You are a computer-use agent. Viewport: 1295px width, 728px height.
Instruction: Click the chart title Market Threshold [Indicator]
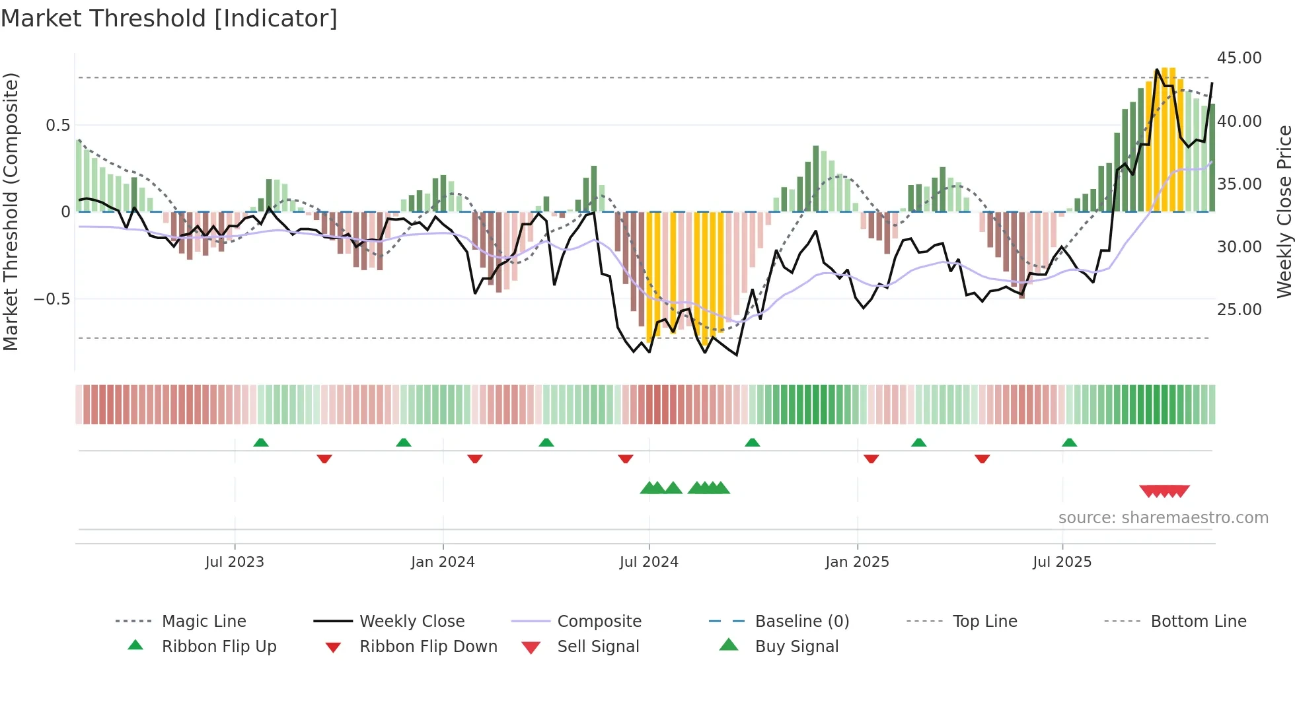169,18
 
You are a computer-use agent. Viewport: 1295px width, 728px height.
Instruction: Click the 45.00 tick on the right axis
1239,58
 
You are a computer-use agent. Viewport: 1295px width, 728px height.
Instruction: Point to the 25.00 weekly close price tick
1239,309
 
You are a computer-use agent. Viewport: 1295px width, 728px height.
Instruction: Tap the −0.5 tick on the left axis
52,299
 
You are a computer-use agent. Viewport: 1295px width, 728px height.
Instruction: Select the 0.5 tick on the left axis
57,126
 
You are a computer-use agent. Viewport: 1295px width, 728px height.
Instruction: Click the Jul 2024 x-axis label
648,562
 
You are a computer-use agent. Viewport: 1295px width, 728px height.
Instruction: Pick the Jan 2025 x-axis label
857,562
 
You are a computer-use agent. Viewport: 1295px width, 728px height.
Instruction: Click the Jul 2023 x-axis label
234,562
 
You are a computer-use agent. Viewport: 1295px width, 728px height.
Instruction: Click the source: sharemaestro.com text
1163,518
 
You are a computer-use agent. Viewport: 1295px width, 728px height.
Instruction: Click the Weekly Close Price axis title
1284,211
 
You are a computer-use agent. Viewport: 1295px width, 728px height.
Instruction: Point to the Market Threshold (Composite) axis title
11,211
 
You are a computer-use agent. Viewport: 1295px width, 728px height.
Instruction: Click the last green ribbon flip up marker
1069,443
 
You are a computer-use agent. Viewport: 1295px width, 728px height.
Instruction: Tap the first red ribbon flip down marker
324,458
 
